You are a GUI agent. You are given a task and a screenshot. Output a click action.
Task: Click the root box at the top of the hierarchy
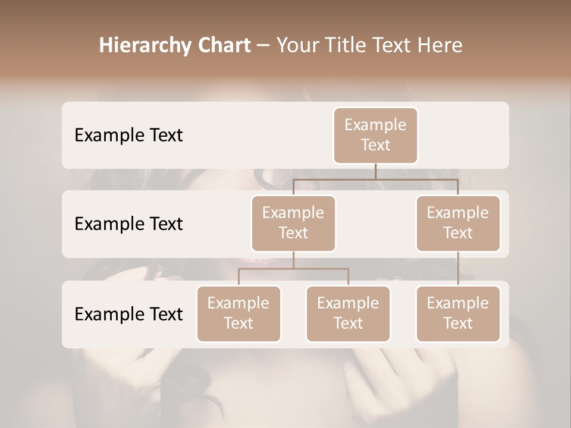pyautogui.click(x=375, y=135)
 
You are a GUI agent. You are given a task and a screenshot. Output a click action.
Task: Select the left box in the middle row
pyautogui.click(x=293, y=223)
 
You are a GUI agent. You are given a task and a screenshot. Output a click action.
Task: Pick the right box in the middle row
pyautogui.click(x=458, y=223)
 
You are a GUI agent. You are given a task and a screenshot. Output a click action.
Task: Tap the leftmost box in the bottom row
pyautogui.click(x=239, y=313)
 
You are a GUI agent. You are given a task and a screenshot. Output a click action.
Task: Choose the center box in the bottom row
pyautogui.click(x=348, y=313)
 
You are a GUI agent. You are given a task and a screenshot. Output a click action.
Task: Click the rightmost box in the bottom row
pyautogui.click(x=458, y=313)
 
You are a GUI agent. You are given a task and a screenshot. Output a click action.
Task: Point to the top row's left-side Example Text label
pyautogui.click(x=128, y=135)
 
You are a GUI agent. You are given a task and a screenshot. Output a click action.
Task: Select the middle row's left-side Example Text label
pyautogui.click(x=128, y=224)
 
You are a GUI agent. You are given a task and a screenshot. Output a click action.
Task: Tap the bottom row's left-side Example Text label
pyautogui.click(x=128, y=314)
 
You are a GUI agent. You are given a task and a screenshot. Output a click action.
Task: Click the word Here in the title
pyautogui.click(x=440, y=45)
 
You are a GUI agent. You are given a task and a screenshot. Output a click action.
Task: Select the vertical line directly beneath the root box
pyautogui.click(x=375, y=171)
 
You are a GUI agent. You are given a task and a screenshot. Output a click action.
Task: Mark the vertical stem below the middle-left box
pyautogui.click(x=293, y=260)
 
